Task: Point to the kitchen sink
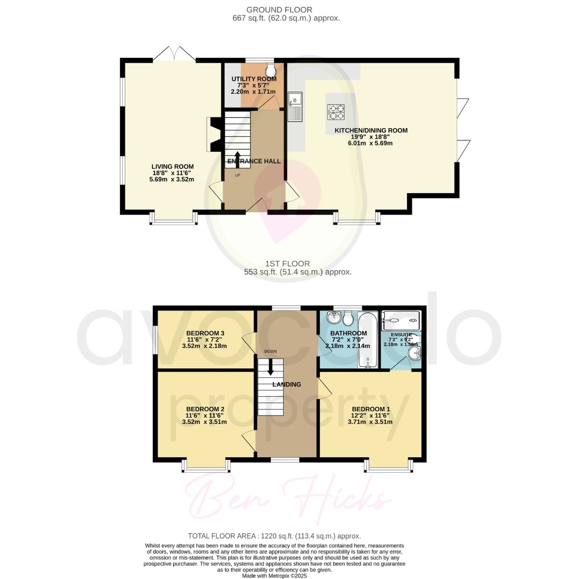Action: [x=295, y=106]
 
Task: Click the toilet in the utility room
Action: [x=270, y=71]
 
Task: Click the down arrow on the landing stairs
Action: [x=271, y=367]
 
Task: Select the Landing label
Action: [x=286, y=384]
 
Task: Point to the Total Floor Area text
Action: [x=274, y=536]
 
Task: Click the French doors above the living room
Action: [x=174, y=54]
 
